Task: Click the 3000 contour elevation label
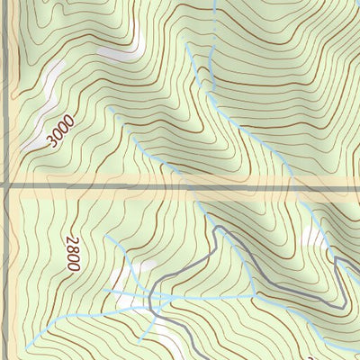pyautogui.click(x=58, y=134)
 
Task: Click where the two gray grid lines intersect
pyautogui.click(x=7, y=186)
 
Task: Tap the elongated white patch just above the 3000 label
pyautogui.click(x=50, y=90)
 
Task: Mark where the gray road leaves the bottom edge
pyautogui.click(x=167, y=358)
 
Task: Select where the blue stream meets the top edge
pyautogui.click(x=216, y=2)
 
